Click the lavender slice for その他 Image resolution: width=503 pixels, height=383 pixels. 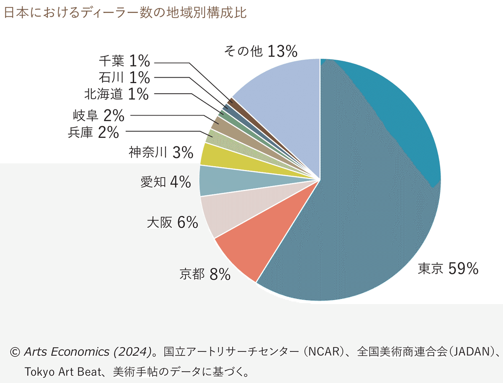(285, 97)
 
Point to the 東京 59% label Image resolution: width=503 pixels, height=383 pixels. (448, 269)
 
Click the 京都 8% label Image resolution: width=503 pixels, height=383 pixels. (205, 275)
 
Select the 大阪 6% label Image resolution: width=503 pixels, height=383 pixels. (172, 223)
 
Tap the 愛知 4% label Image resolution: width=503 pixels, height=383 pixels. (166, 182)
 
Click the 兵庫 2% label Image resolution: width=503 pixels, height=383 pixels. (93, 133)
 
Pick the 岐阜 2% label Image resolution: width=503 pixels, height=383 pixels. (99, 115)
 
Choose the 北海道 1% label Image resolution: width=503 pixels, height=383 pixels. (117, 94)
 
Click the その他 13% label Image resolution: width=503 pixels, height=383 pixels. (261, 51)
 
